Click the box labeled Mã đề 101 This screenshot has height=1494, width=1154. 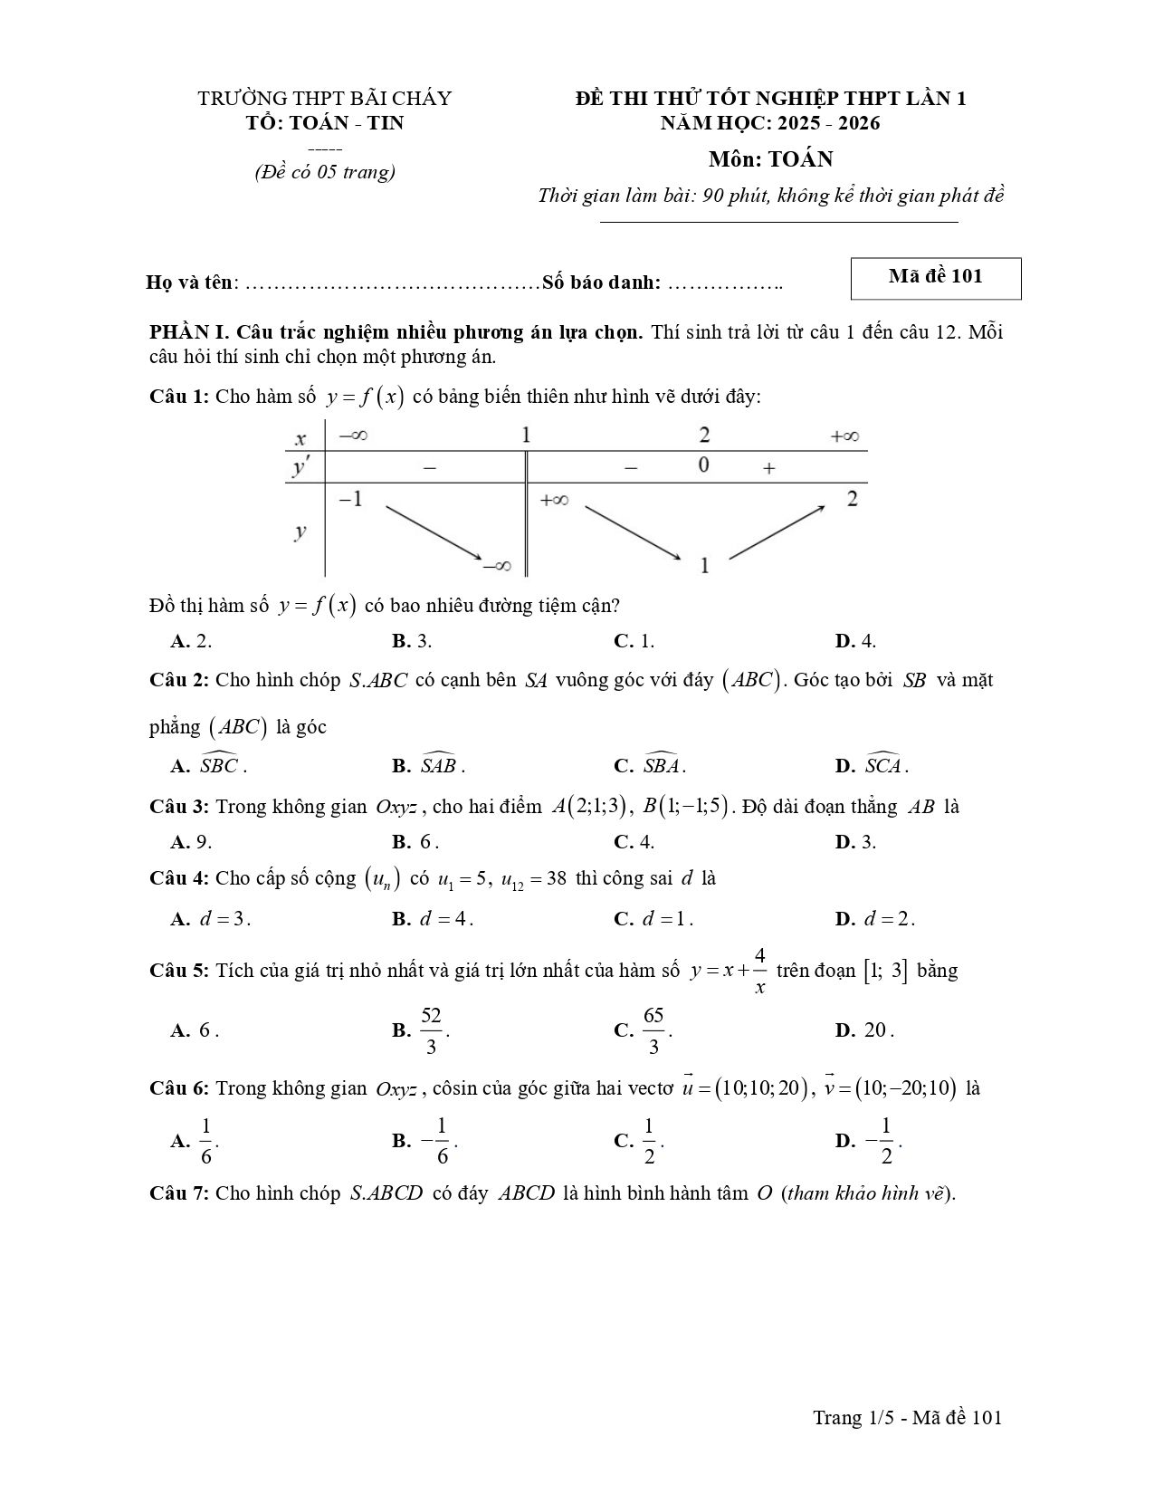pos(935,277)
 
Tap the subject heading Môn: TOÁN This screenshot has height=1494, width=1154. pos(770,159)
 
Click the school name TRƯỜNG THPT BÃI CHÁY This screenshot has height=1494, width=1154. pos(324,98)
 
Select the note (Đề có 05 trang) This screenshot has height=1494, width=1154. pos(324,172)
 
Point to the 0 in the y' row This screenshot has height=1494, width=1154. pos(703,465)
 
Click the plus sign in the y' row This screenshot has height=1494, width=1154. pos(768,468)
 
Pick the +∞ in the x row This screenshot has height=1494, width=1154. pos(844,436)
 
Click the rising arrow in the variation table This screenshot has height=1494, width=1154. pos(777,532)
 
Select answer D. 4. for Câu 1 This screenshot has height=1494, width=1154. pos(855,641)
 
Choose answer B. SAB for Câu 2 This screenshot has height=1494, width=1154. pos(429,766)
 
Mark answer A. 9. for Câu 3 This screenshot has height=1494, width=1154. pos(191,842)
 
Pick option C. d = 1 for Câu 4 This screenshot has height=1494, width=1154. pos(653,919)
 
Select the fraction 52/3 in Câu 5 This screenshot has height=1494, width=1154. pos(431,1030)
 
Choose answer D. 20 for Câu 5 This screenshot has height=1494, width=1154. pos(865,1030)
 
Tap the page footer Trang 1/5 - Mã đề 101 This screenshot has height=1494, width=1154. pos(907,1418)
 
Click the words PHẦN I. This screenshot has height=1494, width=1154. pos(181,332)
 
